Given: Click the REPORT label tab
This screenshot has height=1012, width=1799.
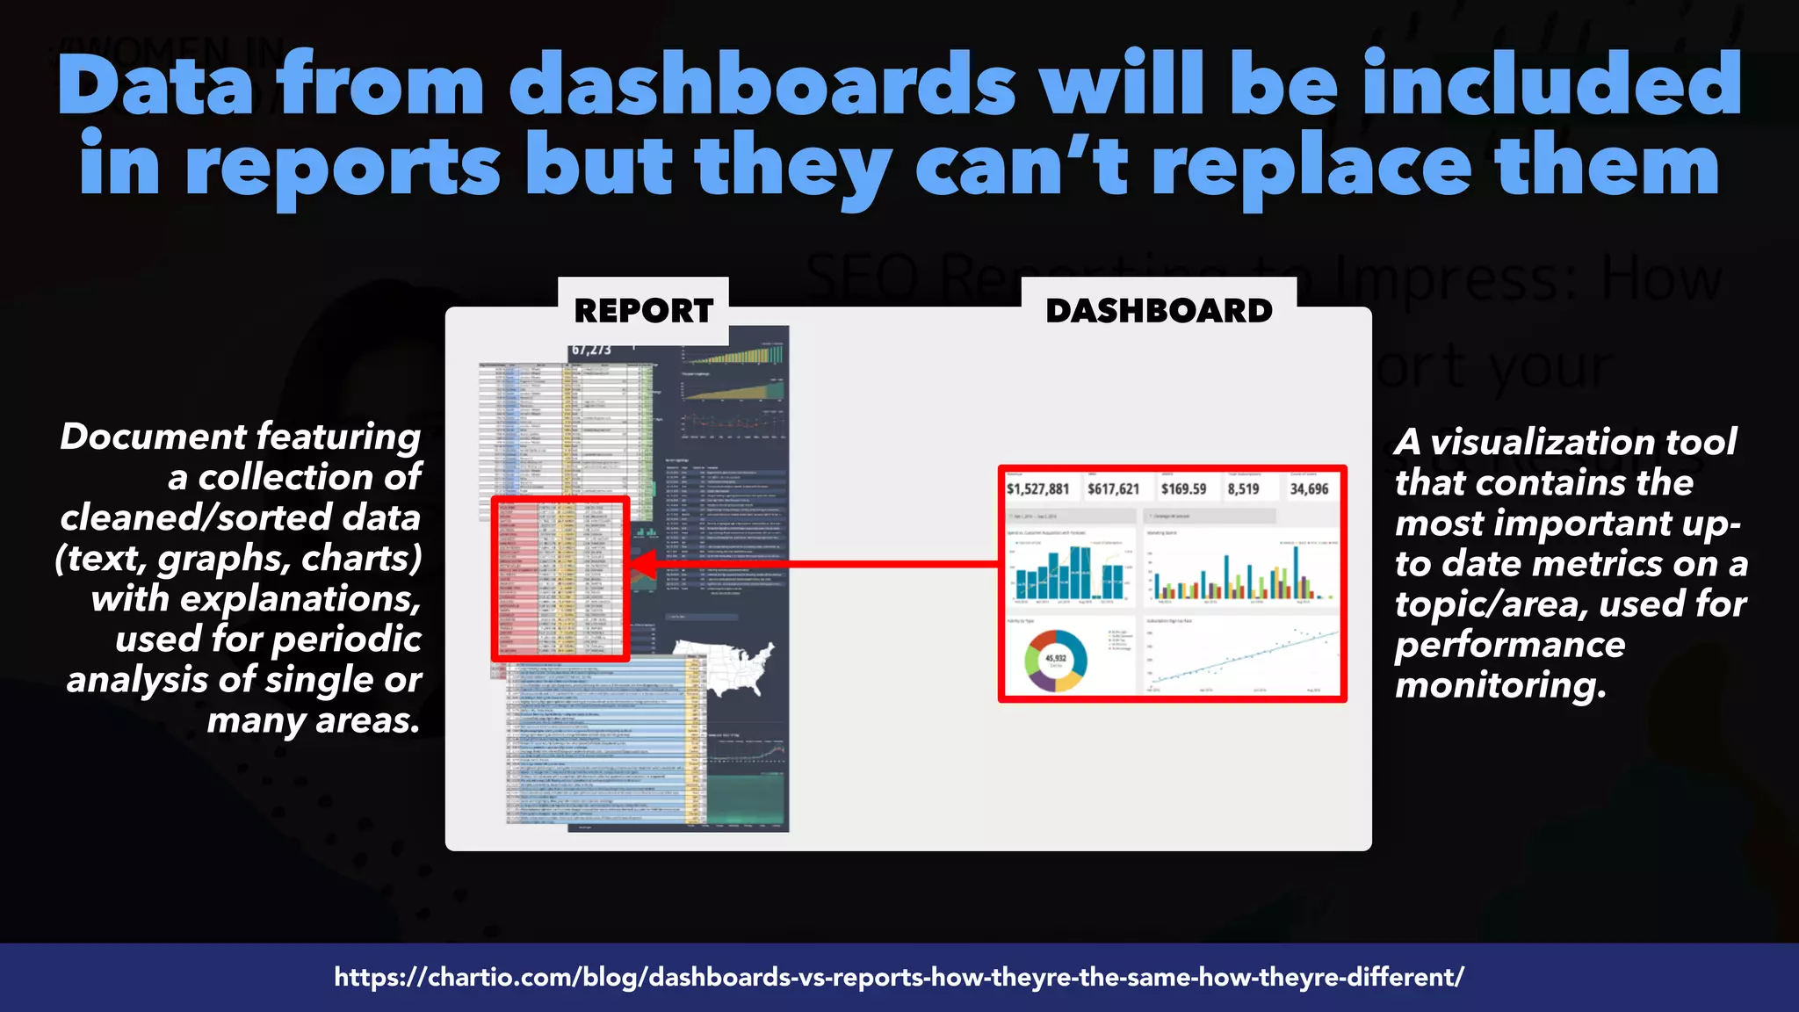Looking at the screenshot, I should (x=643, y=311).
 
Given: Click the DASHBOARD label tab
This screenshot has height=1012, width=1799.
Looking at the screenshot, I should (x=1159, y=311).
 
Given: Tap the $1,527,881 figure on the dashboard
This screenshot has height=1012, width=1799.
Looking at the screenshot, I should (x=1037, y=489).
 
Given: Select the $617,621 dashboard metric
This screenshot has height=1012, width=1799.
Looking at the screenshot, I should (x=1113, y=489).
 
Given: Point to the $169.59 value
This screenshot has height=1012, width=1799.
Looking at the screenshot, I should (x=1183, y=489).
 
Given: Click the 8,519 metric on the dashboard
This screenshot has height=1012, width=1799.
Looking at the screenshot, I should (x=1243, y=489).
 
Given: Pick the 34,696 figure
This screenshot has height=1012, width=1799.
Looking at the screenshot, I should (x=1309, y=489).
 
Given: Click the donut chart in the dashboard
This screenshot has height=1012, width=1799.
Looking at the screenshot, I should (x=1056, y=659).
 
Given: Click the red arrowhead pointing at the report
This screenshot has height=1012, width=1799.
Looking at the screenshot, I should (x=644, y=564).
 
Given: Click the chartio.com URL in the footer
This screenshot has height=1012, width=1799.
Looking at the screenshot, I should (x=899, y=977).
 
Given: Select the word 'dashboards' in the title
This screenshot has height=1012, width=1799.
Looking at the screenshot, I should (x=762, y=85).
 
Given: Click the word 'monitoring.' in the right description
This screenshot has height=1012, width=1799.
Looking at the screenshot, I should (x=1500, y=685).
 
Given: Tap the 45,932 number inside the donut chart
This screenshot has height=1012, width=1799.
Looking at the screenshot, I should (x=1056, y=658).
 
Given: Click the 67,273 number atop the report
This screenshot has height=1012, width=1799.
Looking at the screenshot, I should (x=591, y=350).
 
